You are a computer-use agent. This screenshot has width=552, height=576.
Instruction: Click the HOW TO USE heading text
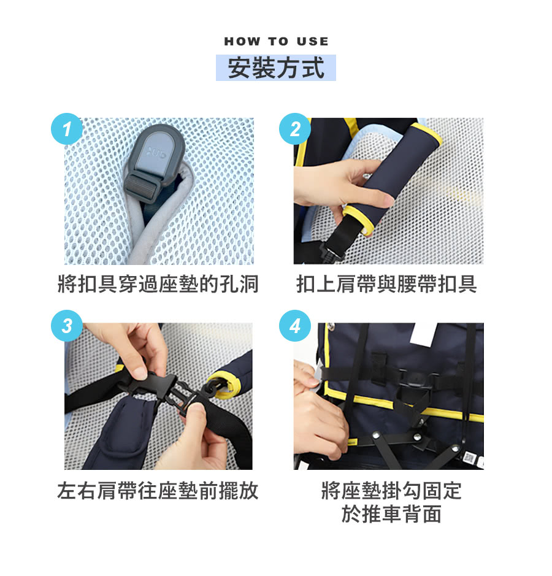point(276,42)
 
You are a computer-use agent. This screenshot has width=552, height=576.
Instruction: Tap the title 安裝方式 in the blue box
point(276,67)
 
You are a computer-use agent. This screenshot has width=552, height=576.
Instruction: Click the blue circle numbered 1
point(66,129)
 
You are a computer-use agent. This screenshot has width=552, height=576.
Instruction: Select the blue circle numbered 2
point(295,129)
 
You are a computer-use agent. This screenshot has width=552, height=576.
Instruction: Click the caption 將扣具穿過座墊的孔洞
point(158,284)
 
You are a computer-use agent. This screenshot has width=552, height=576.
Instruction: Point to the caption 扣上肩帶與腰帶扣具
point(387,284)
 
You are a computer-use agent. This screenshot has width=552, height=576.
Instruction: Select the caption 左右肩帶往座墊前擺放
point(158,491)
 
